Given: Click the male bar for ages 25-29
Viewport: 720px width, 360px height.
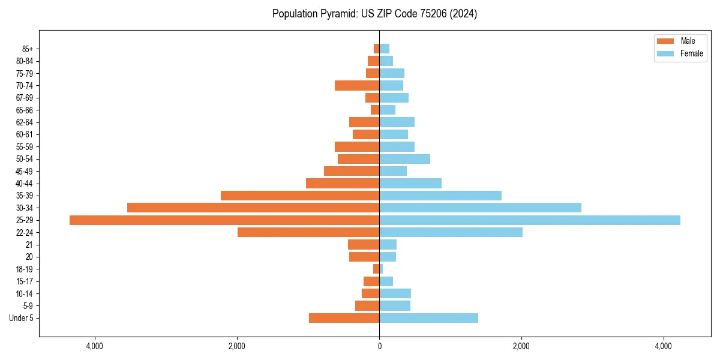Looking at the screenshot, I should (x=224, y=220).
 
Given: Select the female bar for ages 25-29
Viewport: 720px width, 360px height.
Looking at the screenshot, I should (x=530, y=220).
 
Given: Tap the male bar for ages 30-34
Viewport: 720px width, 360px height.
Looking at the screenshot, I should (x=253, y=208).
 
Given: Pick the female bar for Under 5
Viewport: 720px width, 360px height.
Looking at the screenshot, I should (x=428, y=318).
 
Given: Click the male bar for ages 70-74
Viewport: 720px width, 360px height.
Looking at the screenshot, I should (x=357, y=86).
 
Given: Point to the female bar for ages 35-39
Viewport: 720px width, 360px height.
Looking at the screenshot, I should (x=440, y=196).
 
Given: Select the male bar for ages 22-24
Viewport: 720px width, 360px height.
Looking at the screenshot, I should (x=308, y=232).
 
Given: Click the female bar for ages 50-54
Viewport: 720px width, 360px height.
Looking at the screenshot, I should (x=404, y=159).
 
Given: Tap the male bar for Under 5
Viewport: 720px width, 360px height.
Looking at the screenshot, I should (x=344, y=318).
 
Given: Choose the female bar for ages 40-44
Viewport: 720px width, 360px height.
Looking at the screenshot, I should (x=410, y=184).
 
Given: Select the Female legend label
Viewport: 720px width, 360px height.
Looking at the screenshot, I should (x=691, y=53).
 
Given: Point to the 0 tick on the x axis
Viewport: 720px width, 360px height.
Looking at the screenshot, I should (x=379, y=346).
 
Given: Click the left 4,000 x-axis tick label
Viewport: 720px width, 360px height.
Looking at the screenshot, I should (x=95, y=346).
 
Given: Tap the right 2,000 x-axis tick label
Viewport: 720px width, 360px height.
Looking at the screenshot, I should (x=521, y=346).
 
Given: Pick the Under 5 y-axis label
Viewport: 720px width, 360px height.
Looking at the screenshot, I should (x=21, y=318).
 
